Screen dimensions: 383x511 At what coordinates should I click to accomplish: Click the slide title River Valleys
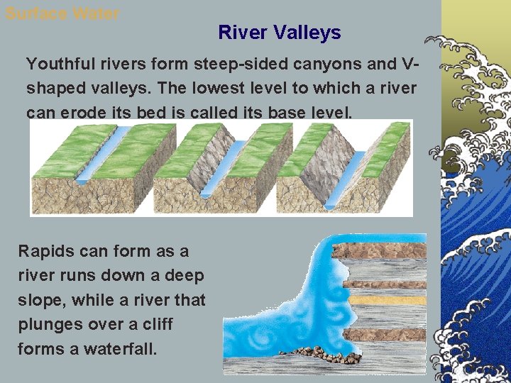[280, 33]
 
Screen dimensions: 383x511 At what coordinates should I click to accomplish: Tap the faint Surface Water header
[62, 13]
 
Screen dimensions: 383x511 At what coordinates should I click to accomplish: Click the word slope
[39, 300]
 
